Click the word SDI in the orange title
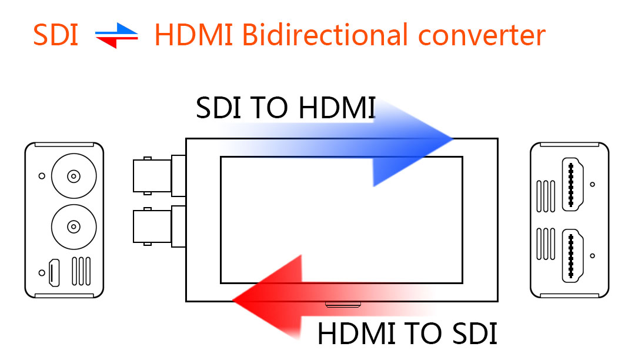(x=55, y=35)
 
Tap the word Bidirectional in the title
(x=325, y=35)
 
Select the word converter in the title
(x=482, y=36)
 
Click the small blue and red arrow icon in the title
(x=116, y=36)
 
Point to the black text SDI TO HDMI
(x=286, y=108)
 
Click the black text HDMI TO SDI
(x=407, y=334)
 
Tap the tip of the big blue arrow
(x=453, y=139)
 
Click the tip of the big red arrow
(x=232, y=301)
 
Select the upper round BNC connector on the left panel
(x=73, y=176)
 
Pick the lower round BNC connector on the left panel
(x=73, y=227)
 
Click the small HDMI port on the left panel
(x=54, y=272)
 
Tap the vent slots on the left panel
(x=81, y=271)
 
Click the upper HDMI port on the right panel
(x=572, y=184)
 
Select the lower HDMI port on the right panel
(x=572, y=255)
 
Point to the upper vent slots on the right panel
(x=546, y=196)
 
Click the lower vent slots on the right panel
(x=546, y=244)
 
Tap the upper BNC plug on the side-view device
(x=159, y=176)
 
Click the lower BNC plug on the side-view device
(x=159, y=226)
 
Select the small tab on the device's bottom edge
(x=343, y=305)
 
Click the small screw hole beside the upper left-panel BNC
(x=42, y=176)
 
